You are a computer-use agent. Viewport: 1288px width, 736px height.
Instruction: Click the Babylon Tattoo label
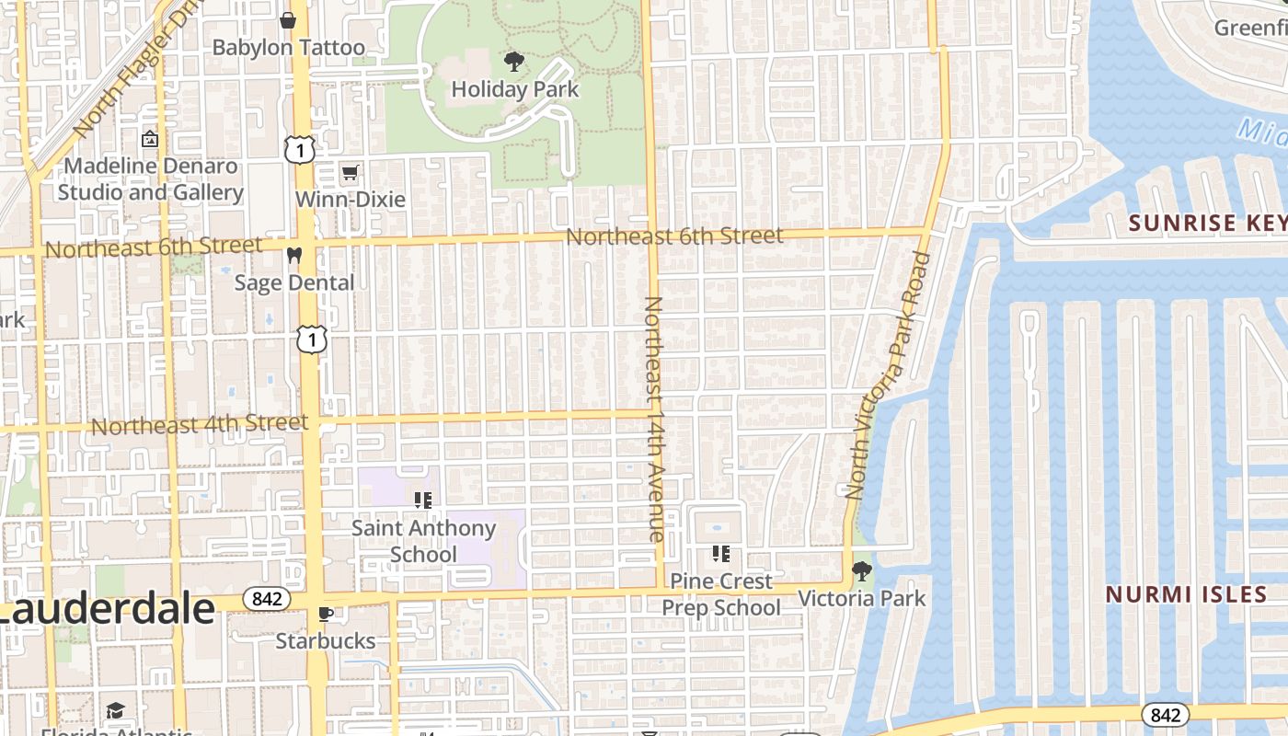click(x=288, y=48)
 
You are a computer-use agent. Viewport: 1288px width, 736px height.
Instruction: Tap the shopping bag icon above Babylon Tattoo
click(x=288, y=19)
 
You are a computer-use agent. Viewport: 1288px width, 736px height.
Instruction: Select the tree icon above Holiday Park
click(x=514, y=63)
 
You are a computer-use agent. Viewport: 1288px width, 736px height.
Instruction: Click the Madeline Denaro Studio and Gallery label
click(x=150, y=179)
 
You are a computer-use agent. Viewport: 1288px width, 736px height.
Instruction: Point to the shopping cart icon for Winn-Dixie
click(x=350, y=172)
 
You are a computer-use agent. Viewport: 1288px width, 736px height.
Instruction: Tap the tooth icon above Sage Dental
click(x=294, y=255)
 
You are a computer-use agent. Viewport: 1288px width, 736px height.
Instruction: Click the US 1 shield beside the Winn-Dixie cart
click(x=300, y=149)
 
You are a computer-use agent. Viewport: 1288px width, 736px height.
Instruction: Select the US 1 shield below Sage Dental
click(x=312, y=339)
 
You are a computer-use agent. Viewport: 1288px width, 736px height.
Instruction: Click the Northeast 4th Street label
click(x=200, y=425)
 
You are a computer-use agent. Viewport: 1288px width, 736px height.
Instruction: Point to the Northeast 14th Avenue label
click(x=654, y=419)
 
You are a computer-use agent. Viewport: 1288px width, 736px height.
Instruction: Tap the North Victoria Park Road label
click(x=889, y=375)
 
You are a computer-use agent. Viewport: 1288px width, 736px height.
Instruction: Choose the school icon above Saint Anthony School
click(x=423, y=500)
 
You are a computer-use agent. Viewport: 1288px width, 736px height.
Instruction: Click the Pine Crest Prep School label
click(x=721, y=594)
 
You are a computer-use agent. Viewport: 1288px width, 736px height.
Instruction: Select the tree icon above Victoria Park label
click(x=862, y=571)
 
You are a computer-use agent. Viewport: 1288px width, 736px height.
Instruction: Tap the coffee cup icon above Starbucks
click(x=325, y=614)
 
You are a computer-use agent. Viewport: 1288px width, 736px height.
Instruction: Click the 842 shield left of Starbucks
click(x=267, y=599)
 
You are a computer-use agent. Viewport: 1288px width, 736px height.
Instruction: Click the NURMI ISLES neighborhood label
click(x=1186, y=594)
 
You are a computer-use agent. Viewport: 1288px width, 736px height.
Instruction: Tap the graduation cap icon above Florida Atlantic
click(x=115, y=710)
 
